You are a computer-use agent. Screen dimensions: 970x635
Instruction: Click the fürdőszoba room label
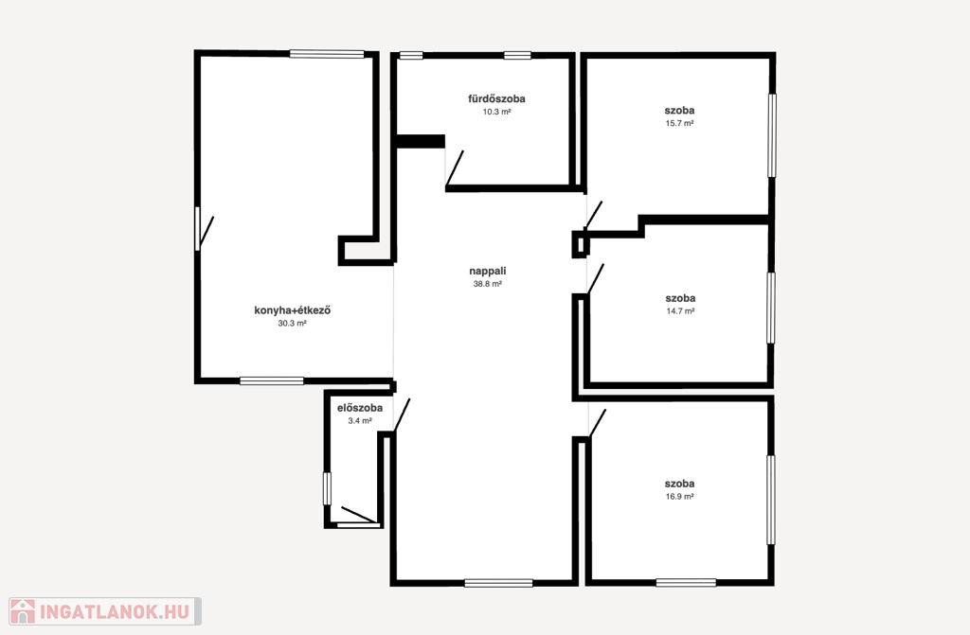496,98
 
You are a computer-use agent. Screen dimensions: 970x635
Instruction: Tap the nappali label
488,271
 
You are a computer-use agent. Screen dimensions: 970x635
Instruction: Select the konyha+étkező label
292,309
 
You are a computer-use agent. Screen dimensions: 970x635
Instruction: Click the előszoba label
359,408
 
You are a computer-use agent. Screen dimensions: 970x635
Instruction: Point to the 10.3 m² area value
496,112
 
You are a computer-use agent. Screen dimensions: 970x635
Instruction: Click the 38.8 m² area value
488,284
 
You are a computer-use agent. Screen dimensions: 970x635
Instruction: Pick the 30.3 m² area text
292,323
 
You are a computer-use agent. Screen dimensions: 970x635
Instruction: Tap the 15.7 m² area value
679,123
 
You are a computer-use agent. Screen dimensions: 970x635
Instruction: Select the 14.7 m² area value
680,311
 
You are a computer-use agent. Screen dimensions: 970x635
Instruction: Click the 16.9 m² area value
679,497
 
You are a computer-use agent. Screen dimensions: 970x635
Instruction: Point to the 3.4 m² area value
359,421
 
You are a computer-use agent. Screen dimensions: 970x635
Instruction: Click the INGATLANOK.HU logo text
115,611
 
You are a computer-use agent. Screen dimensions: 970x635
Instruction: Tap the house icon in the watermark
23,611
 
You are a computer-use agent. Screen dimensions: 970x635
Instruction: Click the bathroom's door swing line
455,168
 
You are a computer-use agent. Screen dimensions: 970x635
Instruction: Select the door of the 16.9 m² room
598,424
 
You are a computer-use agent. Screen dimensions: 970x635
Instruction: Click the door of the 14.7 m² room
596,279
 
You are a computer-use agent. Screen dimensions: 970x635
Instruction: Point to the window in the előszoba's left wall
327,488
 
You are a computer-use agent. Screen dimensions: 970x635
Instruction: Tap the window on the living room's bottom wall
498,582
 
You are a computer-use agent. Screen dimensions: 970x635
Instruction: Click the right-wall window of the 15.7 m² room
772,134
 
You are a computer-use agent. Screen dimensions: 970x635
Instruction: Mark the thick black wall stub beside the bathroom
420,142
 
